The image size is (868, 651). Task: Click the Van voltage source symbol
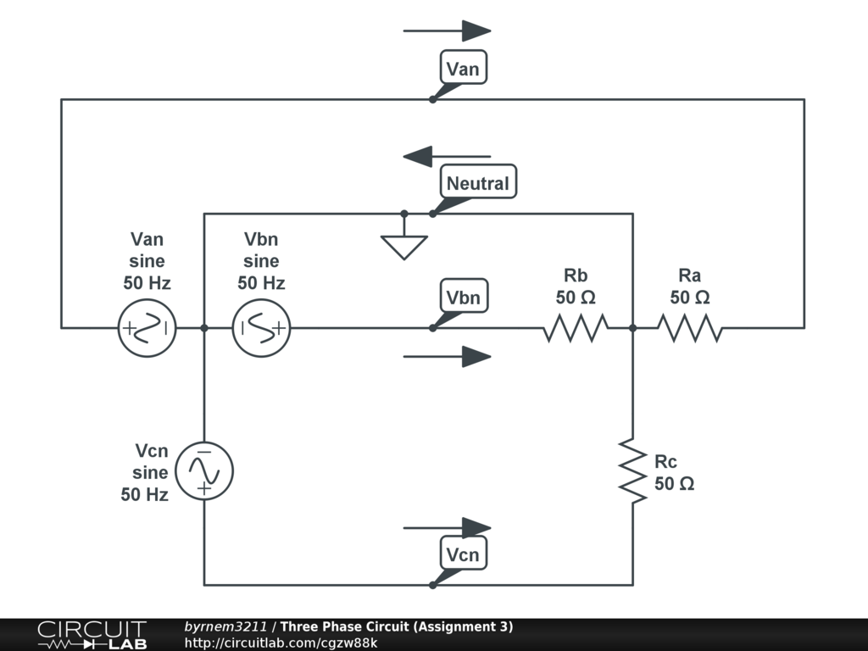[x=147, y=327]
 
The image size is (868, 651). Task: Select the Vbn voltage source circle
[x=261, y=327]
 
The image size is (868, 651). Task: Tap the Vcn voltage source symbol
[x=203, y=470]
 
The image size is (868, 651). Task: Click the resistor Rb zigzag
[x=576, y=327]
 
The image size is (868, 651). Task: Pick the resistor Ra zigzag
[x=690, y=327]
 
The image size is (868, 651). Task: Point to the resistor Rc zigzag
[x=632, y=470]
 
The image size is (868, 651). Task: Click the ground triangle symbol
[x=404, y=247]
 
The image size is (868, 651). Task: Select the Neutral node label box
[x=478, y=182]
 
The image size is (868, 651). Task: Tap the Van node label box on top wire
[x=463, y=68]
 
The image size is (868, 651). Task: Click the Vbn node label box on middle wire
[x=463, y=298]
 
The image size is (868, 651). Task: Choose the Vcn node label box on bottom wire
[x=463, y=554]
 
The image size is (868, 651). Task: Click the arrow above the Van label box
[x=448, y=31]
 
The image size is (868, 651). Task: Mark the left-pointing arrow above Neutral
[x=447, y=157]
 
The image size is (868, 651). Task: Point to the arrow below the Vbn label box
[x=448, y=357]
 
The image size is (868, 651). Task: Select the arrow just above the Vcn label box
[x=448, y=528]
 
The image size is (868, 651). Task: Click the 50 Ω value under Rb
[x=576, y=298]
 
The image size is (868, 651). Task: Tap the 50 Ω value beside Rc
[x=675, y=484]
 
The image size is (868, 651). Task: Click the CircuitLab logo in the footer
[x=92, y=634]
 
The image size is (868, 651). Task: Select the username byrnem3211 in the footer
[x=225, y=626]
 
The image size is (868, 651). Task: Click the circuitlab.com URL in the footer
[x=281, y=643]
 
